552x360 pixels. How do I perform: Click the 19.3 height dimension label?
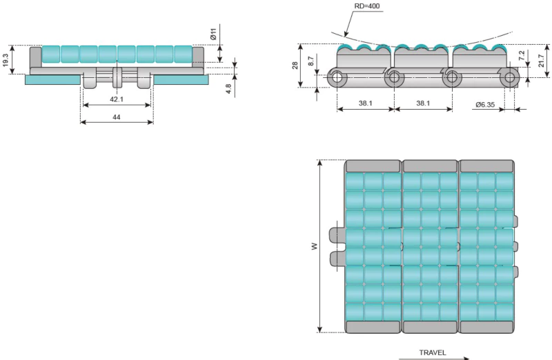tap(6, 61)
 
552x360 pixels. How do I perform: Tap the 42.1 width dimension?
tap(116, 99)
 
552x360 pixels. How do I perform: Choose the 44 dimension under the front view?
tap(116, 117)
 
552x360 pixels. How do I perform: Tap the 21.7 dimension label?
tap(542, 61)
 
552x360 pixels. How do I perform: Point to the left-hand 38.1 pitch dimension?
tap(365, 103)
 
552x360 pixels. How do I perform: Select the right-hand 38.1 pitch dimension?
tap(422, 103)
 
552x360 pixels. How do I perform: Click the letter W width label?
tap(314, 246)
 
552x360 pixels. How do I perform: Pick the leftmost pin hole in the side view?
tap(337, 77)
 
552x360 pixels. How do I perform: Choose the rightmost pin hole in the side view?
tap(510, 77)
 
